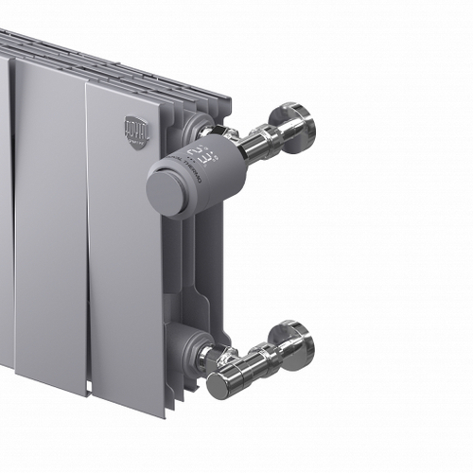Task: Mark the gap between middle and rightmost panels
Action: point(88,236)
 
